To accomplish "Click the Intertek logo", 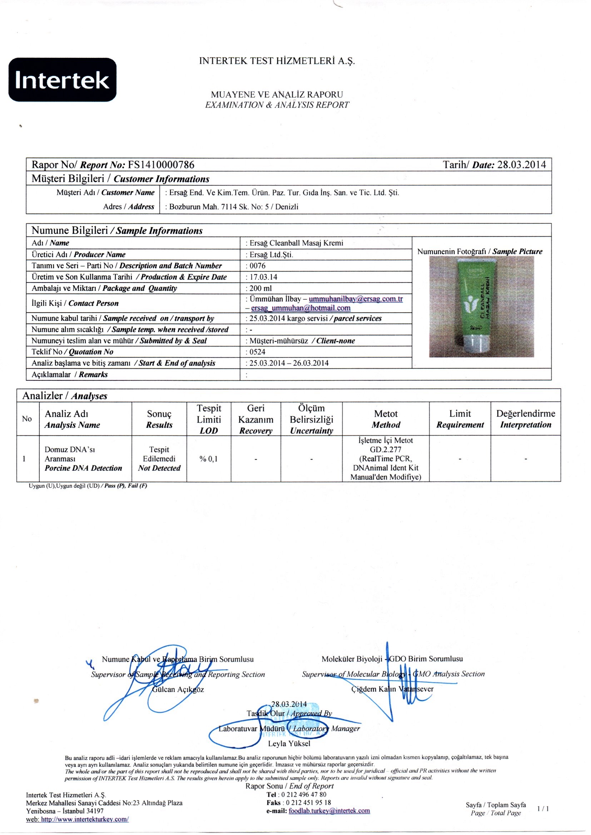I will coord(62,80).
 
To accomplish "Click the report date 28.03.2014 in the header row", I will coord(521,165).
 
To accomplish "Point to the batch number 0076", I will coord(258,266).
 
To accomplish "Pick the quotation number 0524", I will coord(257,352).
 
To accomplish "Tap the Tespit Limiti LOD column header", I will coord(209,419).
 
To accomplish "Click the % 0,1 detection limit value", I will coord(209,459).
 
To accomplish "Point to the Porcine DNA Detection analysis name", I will coord(83,468).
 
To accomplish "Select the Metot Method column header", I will coord(386,419).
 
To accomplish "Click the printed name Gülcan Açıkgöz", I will coord(178,689).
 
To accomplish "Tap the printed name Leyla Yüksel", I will coord(289,743).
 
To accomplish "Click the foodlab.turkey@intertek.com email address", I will coord(329,811).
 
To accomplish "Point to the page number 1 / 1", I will coord(543,809).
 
